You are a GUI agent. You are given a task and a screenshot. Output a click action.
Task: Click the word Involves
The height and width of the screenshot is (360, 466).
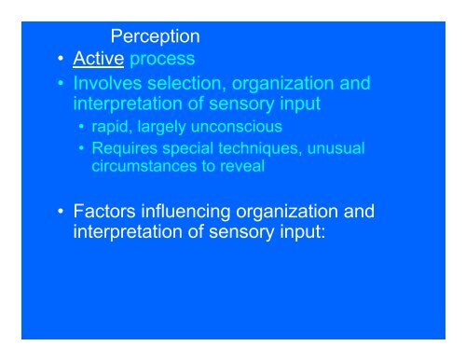point(112,85)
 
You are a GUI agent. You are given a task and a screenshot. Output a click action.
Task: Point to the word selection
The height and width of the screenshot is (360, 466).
point(192,85)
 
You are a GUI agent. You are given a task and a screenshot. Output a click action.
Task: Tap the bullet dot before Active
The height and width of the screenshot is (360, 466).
point(60,62)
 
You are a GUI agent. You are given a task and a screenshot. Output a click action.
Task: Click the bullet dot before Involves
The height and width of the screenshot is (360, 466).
point(60,85)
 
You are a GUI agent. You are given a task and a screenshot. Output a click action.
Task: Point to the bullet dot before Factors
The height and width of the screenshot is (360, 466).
point(60,212)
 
